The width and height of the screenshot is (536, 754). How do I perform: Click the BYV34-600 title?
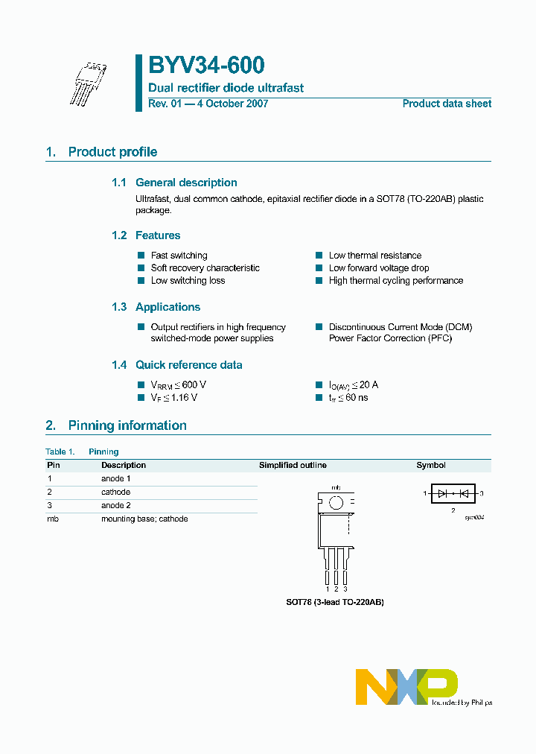coord(206,66)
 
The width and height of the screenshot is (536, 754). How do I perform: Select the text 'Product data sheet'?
coord(447,104)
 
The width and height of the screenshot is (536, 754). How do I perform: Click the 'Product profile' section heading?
coord(112,152)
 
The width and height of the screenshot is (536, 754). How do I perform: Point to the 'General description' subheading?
coord(186,183)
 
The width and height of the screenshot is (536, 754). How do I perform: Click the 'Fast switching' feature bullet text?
coord(179,256)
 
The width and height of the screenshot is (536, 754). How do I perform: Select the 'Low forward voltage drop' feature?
coord(379,268)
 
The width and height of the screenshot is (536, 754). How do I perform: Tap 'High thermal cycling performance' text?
coord(396,281)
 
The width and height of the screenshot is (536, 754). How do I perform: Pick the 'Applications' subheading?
coord(167,307)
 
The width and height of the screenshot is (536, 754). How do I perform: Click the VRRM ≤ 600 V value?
coord(179,384)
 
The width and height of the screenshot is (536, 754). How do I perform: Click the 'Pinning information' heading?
coord(127,425)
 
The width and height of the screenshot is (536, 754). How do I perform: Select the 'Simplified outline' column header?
coord(293,465)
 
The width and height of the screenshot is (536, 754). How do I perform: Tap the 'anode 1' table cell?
coord(116,478)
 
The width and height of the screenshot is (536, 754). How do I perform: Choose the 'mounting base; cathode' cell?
coord(144,519)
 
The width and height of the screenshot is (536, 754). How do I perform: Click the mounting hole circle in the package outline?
coord(336,503)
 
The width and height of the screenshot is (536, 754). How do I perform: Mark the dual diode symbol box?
coord(453,493)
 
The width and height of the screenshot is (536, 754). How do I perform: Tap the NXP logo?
coord(406,686)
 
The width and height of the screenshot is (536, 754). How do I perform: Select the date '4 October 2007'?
coord(231,104)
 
